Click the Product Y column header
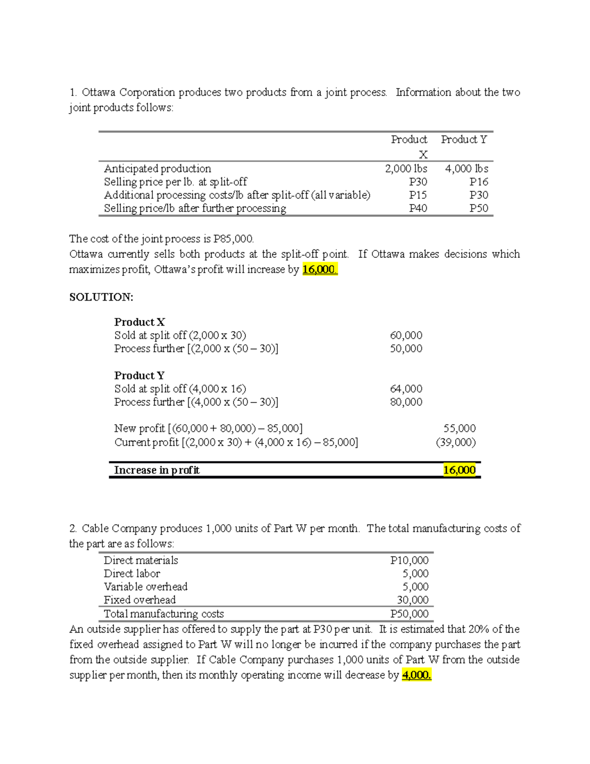pyautogui.click(x=464, y=140)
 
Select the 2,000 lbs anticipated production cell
pyautogui.click(x=406, y=169)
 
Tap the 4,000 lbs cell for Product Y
pyautogui.click(x=466, y=169)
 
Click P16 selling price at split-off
pyautogui.click(x=478, y=182)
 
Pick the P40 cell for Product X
pyautogui.click(x=418, y=209)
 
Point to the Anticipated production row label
pyautogui.click(x=157, y=169)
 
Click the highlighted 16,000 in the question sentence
pyautogui.click(x=320, y=270)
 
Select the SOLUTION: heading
pyautogui.click(x=101, y=297)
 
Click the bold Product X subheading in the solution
pyautogui.click(x=140, y=322)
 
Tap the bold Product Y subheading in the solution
pyautogui.click(x=140, y=376)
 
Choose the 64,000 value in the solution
pyautogui.click(x=406, y=389)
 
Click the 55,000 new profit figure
pyautogui.click(x=459, y=428)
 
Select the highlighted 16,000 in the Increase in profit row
pyautogui.click(x=459, y=470)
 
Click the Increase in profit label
pyautogui.click(x=157, y=470)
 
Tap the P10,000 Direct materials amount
pyautogui.click(x=409, y=560)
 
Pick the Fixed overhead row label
pyautogui.click(x=140, y=600)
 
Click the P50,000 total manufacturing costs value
pyautogui.click(x=409, y=614)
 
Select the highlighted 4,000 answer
pyautogui.click(x=416, y=675)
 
